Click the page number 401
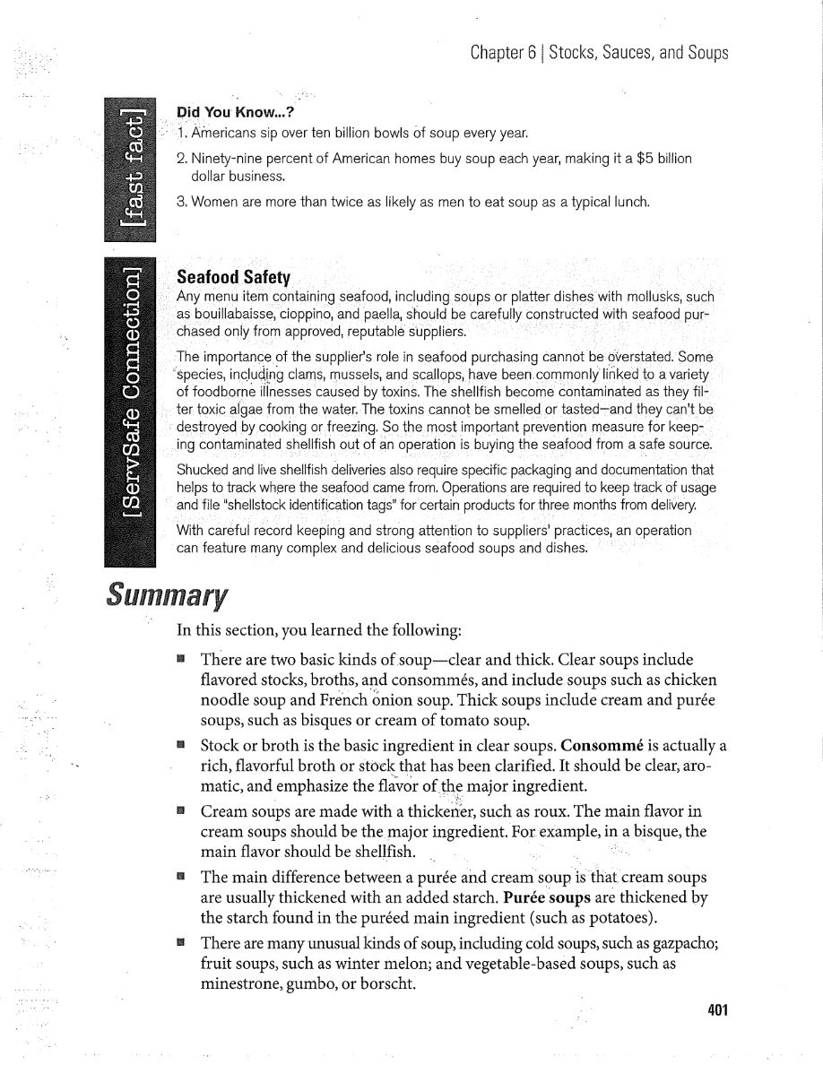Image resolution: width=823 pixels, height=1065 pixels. tap(718, 1011)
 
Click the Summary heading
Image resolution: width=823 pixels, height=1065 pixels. tap(166, 594)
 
